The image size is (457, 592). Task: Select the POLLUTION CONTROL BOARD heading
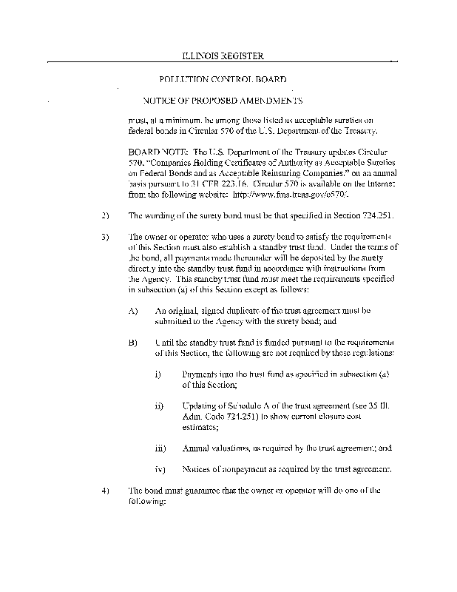(x=223, y=78)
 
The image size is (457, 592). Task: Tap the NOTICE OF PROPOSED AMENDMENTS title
(x=223, y=100)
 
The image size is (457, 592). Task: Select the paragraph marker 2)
(x=104, y=215)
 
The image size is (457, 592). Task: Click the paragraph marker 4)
(x=104, y=490)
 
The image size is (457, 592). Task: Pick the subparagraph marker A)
(x=133, y=312)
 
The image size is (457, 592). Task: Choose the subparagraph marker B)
(x=133, y=344)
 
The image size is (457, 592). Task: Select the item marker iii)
(x=160, y=448)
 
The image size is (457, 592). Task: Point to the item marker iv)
(x=160, y=469)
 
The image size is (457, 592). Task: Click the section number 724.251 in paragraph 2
(x=367, y=215)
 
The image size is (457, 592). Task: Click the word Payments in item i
(x=200, y=375)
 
